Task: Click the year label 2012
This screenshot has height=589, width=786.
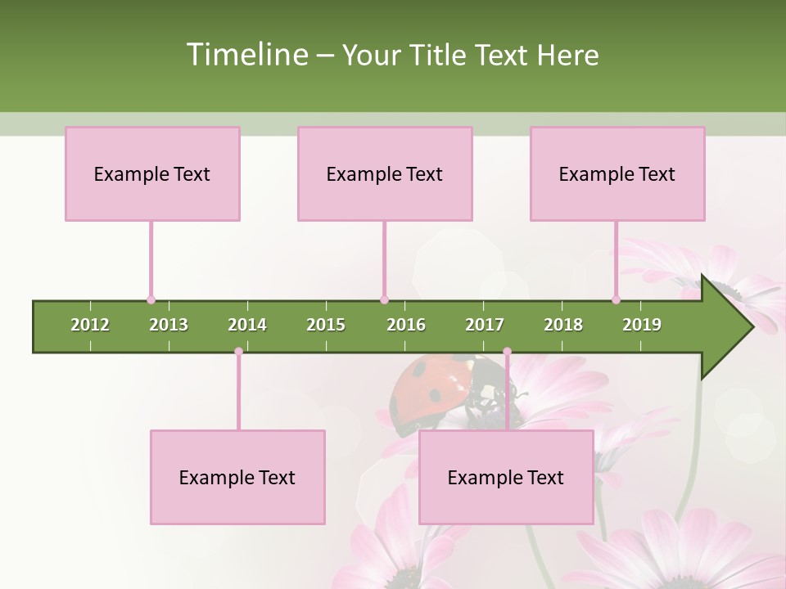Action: point(90,325)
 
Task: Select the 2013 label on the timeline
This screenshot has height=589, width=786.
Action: point(169,325)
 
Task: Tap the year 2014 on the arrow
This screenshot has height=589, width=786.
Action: point(247,325)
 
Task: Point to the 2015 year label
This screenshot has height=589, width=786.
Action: point(326,325)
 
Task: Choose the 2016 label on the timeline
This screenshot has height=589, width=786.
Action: point(406,325)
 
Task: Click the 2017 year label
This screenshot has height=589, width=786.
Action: point(485,325)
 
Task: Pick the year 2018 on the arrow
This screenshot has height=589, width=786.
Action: point(563,325)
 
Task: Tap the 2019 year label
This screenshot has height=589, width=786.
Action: point(642,325)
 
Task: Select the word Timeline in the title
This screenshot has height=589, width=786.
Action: point(246,55)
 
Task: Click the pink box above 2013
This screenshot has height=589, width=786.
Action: point(152,173)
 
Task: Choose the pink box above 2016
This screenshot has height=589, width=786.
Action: point(385,173)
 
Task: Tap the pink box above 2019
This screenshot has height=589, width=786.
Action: point(617,173)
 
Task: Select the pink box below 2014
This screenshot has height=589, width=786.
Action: point(237,477)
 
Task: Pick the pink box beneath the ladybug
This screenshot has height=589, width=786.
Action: point(506,477)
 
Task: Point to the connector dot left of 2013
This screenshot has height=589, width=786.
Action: point(151,299)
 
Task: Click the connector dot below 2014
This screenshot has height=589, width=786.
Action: point(238,352)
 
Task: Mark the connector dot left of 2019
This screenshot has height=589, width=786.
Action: point(616,299)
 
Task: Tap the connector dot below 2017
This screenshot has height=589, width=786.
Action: point(507,352)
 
